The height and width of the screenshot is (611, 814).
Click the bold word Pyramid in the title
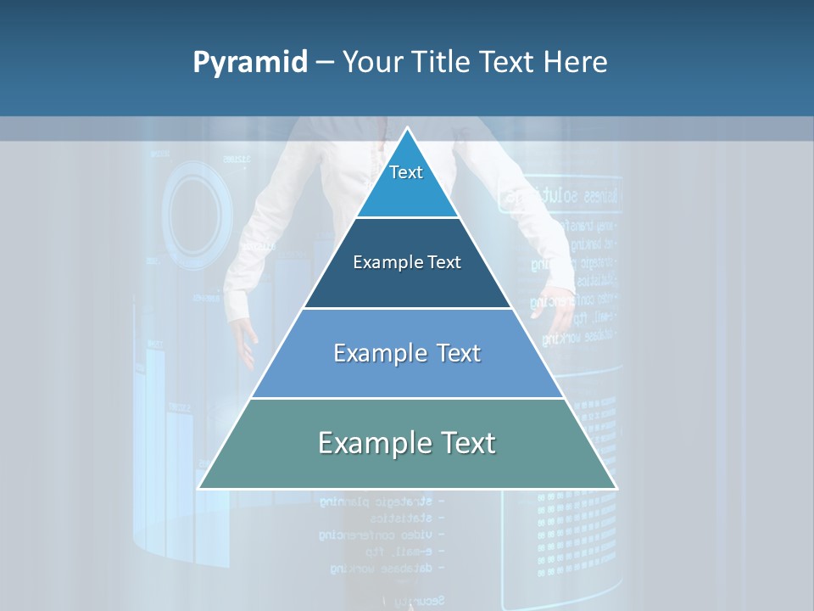(x=249, y=63)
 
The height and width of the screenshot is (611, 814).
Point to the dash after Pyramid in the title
(x=325, y=63)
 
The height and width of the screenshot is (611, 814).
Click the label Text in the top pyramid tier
(x=406, y=172)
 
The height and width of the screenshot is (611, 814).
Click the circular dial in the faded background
(x=197, y=212)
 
